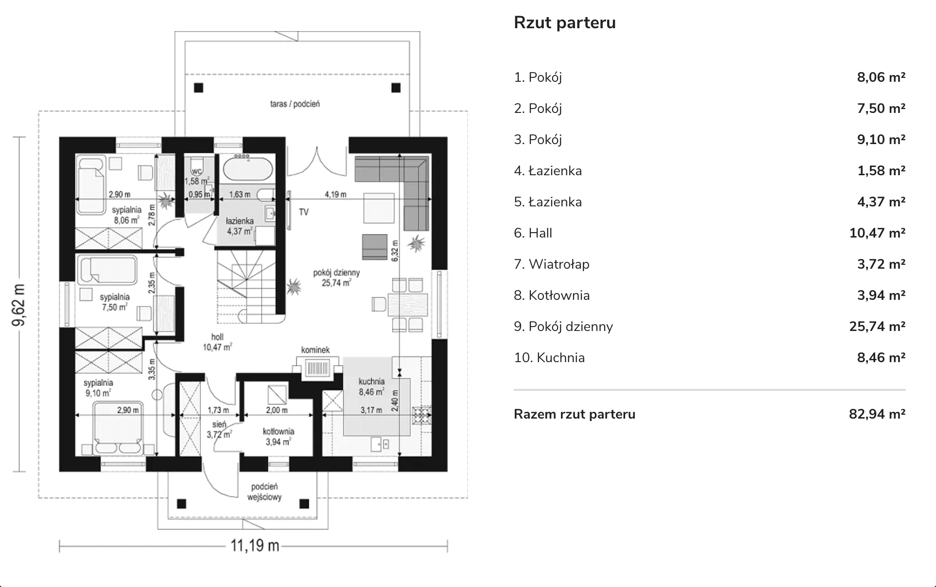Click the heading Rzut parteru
pyautogui.click(x=565, y=23)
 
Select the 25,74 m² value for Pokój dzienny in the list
pyautogui.click(x=877, y=327)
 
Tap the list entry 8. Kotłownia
pyautogui.click(x=552, y=295)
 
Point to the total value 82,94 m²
pyautogui.click(x=877, y=414)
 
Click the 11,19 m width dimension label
pyautogui.click(x=255, y=546)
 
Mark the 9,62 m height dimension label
pyautogui.click(x=19, y=305)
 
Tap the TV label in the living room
pyautogui.click(x=304, y=212)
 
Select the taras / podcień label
pyautogui.click(x=295, y=104)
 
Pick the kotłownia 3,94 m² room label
pyautogui.click(x=278, y=437)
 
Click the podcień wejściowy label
pyautogui.click(x=264, y=492)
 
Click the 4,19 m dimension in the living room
pyautogui.click(x=336, y=195)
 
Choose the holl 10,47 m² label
pyautogui.click(x=217, y=342)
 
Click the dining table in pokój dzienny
pyautogui.click(x=408, y=305)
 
